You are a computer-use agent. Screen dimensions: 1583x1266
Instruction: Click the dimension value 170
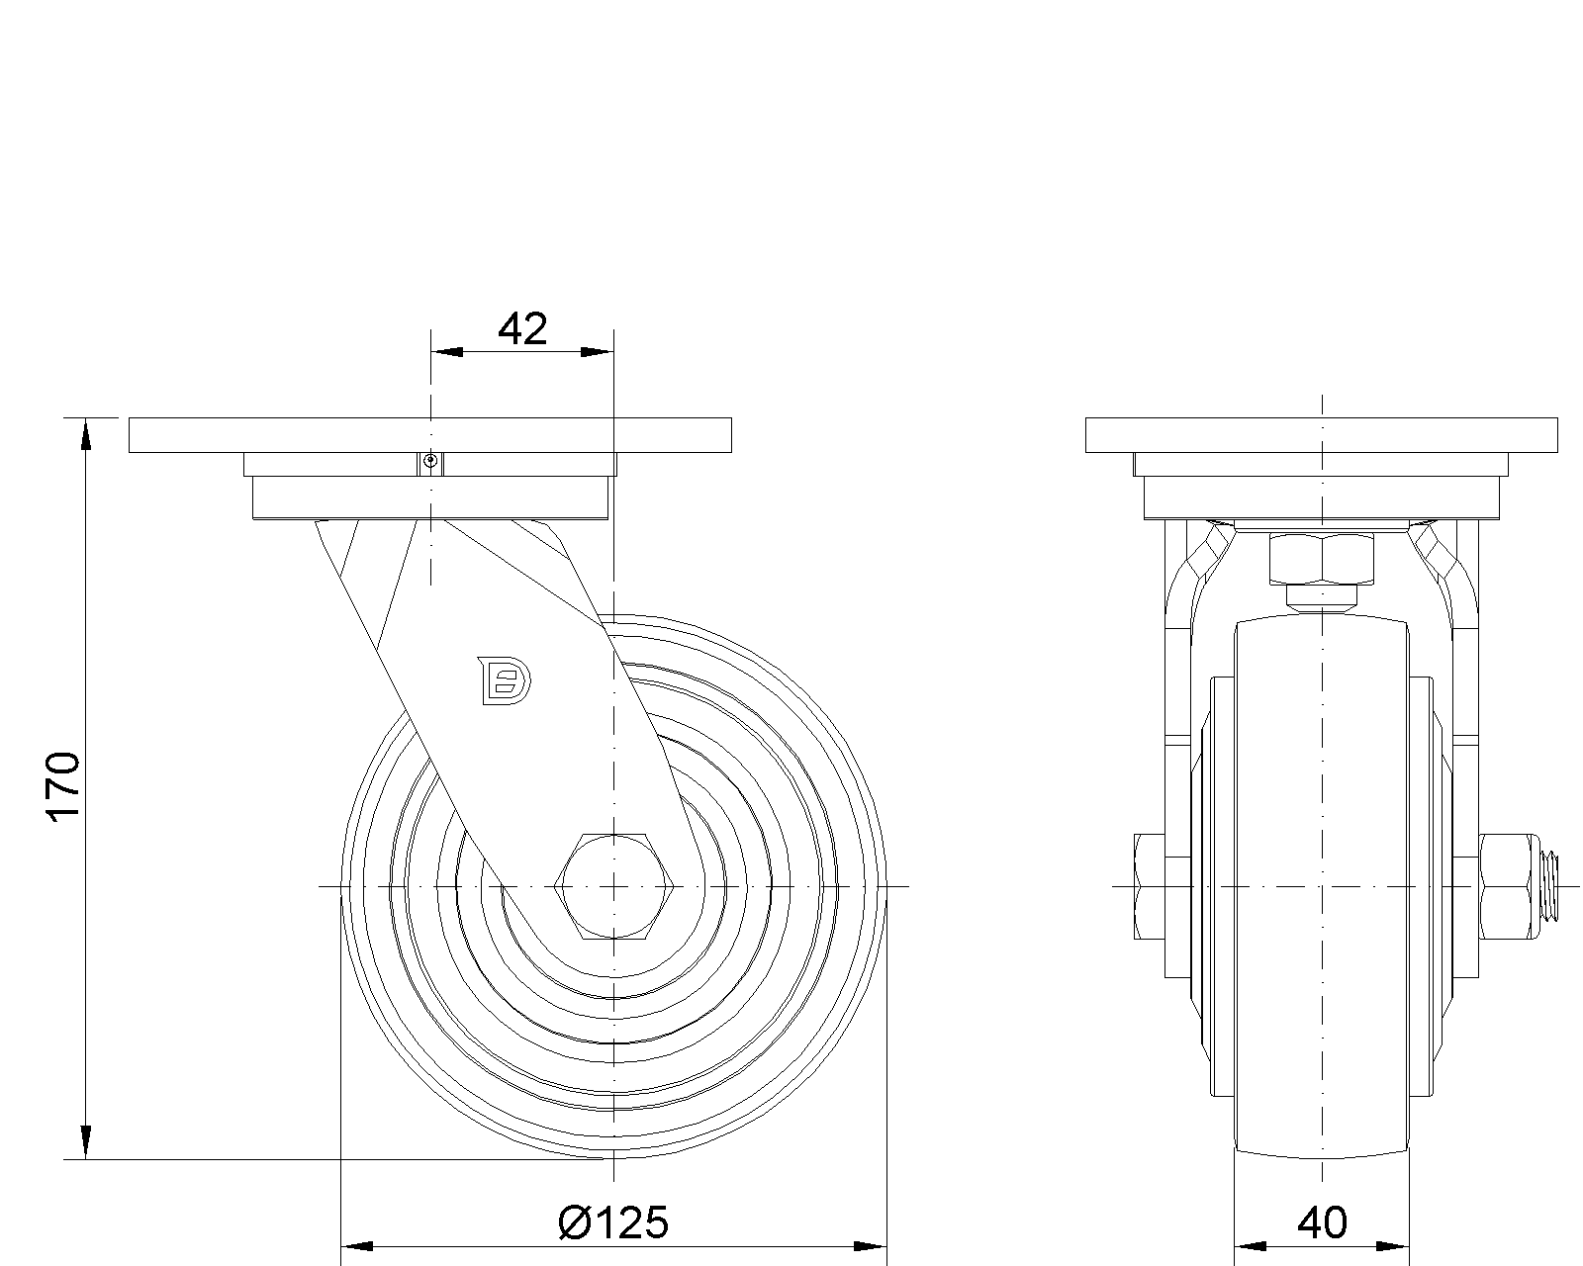63,786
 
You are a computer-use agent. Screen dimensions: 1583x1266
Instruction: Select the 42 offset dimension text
523,328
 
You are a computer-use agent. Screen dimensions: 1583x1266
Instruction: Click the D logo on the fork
505,680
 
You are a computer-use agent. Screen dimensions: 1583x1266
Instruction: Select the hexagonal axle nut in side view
614,886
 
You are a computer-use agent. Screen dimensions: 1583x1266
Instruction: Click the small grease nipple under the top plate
431,462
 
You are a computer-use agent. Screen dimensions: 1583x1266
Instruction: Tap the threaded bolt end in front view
1548,886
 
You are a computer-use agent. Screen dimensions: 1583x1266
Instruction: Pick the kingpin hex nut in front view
1322,560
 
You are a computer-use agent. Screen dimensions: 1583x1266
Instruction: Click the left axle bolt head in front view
1149,886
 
